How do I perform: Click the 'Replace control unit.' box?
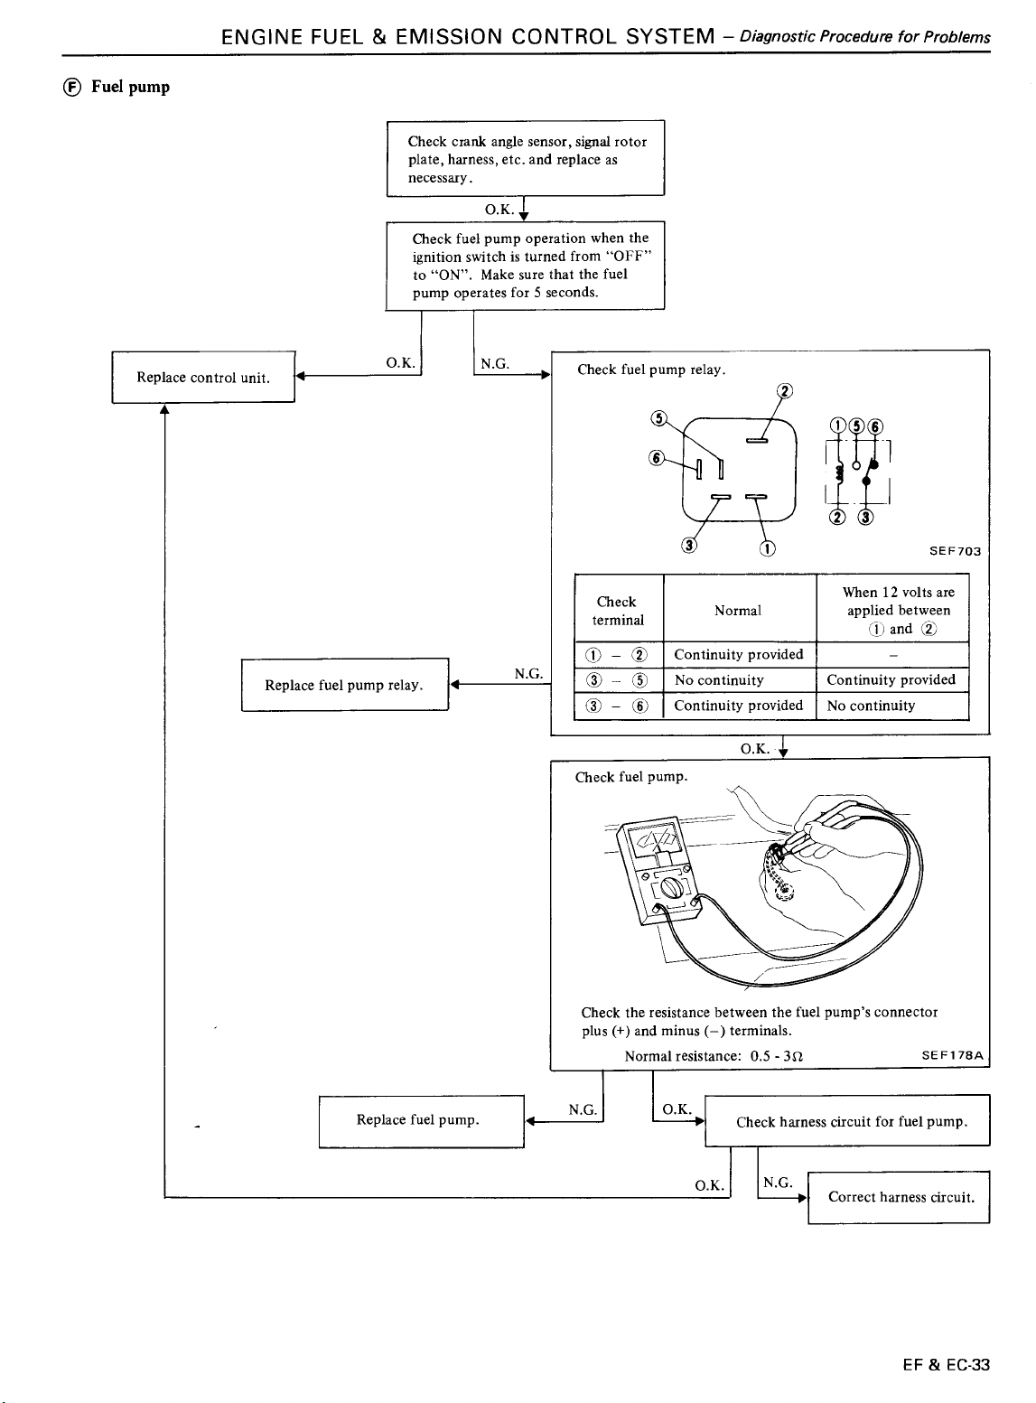(x=203, y=377)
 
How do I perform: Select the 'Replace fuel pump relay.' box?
(x=345, y=685)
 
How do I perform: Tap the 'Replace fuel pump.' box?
(x=421, y=1121)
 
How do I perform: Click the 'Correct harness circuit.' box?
(x=899, y=1197)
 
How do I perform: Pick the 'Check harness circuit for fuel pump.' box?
(x=847, y=1120)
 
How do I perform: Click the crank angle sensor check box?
(x=526, y=158)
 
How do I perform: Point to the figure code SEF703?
(x=955, y=551)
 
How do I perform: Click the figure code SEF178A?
(x=953, y=1055)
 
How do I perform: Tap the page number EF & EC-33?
(x=947, y=1364)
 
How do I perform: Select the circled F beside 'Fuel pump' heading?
(x=72, y=88)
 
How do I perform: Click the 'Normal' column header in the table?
(x=737, y=611)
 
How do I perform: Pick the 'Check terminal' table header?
(x=617, y=611)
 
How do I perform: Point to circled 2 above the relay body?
(x=784, y=391)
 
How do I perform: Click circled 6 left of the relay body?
(x=657, y=457)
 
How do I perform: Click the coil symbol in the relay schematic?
(x=839, y=473)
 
